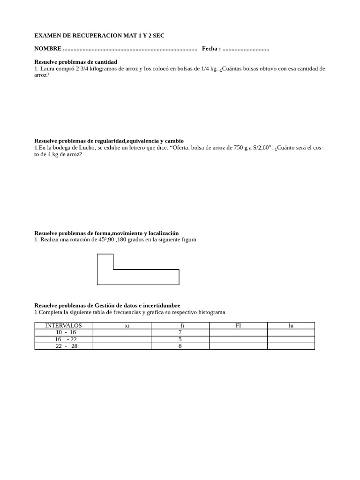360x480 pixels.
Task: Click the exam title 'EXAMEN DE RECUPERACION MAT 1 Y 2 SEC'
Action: (99, 36)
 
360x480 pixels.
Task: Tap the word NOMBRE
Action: (48, 49)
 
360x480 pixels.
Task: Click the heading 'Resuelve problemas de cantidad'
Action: (75, 62)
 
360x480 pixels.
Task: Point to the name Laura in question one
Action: (48, 68)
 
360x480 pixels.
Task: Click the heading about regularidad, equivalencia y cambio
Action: (109, 141)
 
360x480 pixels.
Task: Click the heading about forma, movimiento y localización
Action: (106, 233)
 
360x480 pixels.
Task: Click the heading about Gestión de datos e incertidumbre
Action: (107, 305)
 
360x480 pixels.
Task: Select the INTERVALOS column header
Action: (63, 325)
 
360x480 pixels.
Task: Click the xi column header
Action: (127, 326)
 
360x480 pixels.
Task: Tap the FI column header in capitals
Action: (238, 325)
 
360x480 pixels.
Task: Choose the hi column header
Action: (291, 325)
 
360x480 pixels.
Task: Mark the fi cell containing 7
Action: (180, 332)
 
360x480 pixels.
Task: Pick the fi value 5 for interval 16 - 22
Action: (180, 339)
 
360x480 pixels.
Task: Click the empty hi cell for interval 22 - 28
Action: (291, 346)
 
